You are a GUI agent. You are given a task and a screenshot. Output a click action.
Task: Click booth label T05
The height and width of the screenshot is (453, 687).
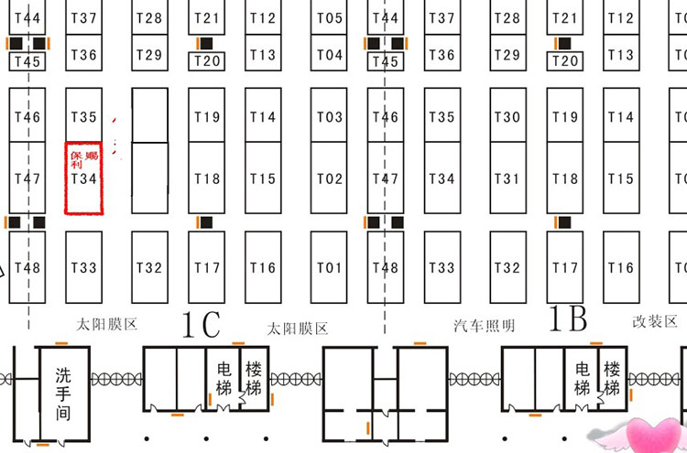pyautogui.click(x=330, y=18)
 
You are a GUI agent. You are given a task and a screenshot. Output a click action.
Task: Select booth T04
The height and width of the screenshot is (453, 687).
pyautogui.click(x=330, y=55)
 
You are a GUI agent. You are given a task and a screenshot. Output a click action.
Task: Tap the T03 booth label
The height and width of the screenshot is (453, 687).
pyautogui.click(x=330, y=117)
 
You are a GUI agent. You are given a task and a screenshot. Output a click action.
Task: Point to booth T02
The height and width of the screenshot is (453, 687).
pyautogui.click(x=330, y=179)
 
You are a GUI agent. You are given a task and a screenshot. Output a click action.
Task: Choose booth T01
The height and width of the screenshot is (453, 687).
pyautogui.click(x=330, y=268)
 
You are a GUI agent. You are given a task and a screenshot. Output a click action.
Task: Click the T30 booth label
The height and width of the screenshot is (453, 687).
pyautogui.click(x=507, y=117)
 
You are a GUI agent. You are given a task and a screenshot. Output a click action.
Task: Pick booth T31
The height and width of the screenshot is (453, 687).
pyautogui.click(x=507, y=179)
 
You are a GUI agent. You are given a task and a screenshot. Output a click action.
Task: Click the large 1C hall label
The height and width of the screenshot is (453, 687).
pyautogui.click(x=201, y=324)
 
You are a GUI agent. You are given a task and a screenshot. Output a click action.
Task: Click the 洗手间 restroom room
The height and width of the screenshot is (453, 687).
pyautogui.click(x=62, y=394)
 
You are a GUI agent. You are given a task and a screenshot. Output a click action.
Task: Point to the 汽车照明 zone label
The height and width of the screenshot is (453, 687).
pyautogui.click(x=485, y=326)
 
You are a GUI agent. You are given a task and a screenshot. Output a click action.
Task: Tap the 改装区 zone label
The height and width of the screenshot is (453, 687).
pyautogui.click(x=655, y=322)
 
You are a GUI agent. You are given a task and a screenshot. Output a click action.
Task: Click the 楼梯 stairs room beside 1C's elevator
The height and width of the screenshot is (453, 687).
pyautogui.click(x=254, y=376)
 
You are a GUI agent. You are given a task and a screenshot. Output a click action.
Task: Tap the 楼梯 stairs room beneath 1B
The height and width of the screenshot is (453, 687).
pyautogui.click(x=612, y=376)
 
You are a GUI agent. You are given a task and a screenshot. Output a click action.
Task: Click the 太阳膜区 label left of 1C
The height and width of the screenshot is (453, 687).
pyautogui.click(x=106, y=325)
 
